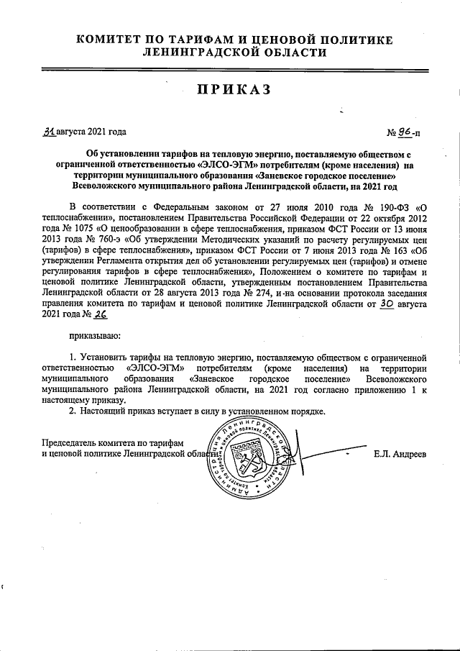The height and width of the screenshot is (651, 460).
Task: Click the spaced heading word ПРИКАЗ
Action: click(229, 88)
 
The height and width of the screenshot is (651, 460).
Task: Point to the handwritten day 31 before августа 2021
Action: click(49, 132)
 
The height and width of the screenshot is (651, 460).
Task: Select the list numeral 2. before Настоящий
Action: click(72, 411)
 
